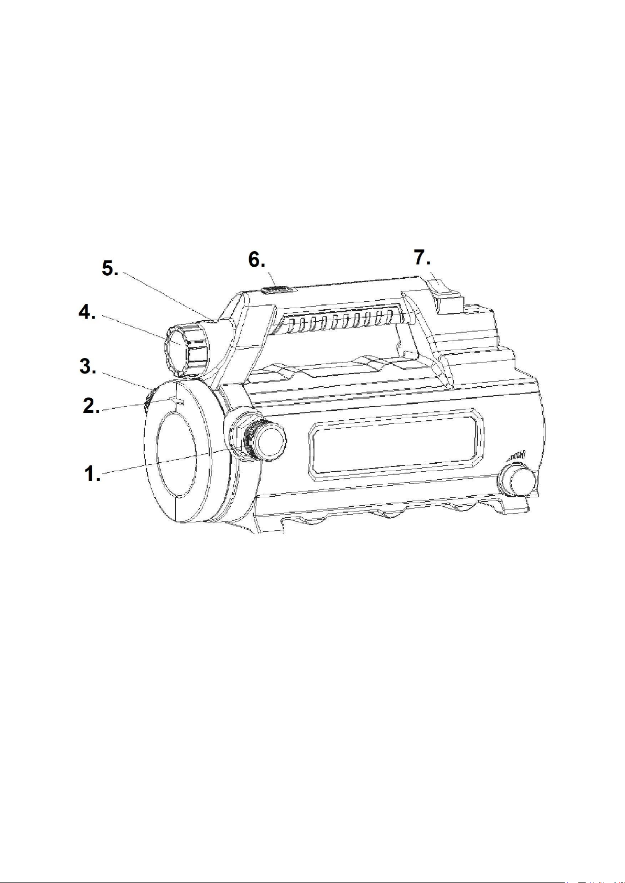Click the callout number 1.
(x=92, y=473)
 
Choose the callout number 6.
(x=256, y=260)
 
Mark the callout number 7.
(x=422, y=258)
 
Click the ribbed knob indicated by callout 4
(x=185, y=347)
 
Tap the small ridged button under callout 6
(x=278, y=290)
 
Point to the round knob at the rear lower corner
(x=516, y=481)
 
